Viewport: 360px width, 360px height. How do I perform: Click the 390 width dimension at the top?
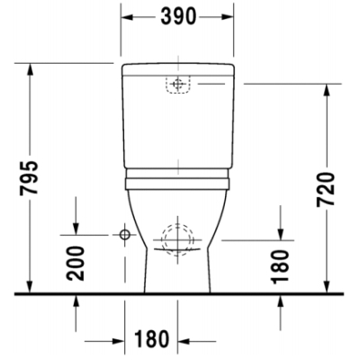click(x=178, y=16)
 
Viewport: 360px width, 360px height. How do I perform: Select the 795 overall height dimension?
click(x=29, y=177)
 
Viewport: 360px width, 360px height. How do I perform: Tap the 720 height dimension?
click(x=326, y=189)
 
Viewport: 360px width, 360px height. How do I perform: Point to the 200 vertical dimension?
click(x=76, y=264)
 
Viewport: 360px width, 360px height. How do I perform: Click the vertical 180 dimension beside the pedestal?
click(x=280, y=266)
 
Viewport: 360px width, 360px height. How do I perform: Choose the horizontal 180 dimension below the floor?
click(x=151, y=338)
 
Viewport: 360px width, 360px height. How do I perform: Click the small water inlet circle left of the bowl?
click(x=124, y=235)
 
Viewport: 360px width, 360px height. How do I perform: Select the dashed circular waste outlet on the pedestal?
click(x=177, y=240)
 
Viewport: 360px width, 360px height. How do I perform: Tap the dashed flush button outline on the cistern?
click(x=178, y=85)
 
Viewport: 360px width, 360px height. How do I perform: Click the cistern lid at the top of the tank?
click(x=178, y=68)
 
